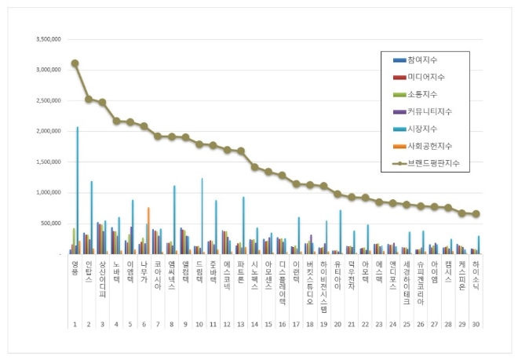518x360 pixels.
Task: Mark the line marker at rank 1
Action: point(75,64)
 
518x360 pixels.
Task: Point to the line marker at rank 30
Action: point(476,214)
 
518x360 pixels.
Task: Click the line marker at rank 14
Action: point(254,167)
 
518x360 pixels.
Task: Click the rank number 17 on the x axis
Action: point(296,322)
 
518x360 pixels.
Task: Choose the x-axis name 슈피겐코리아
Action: point(420,282)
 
